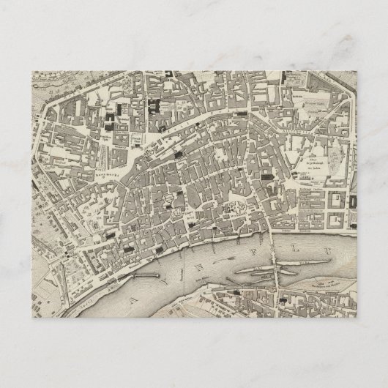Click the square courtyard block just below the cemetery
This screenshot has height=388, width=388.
click(338, 201)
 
